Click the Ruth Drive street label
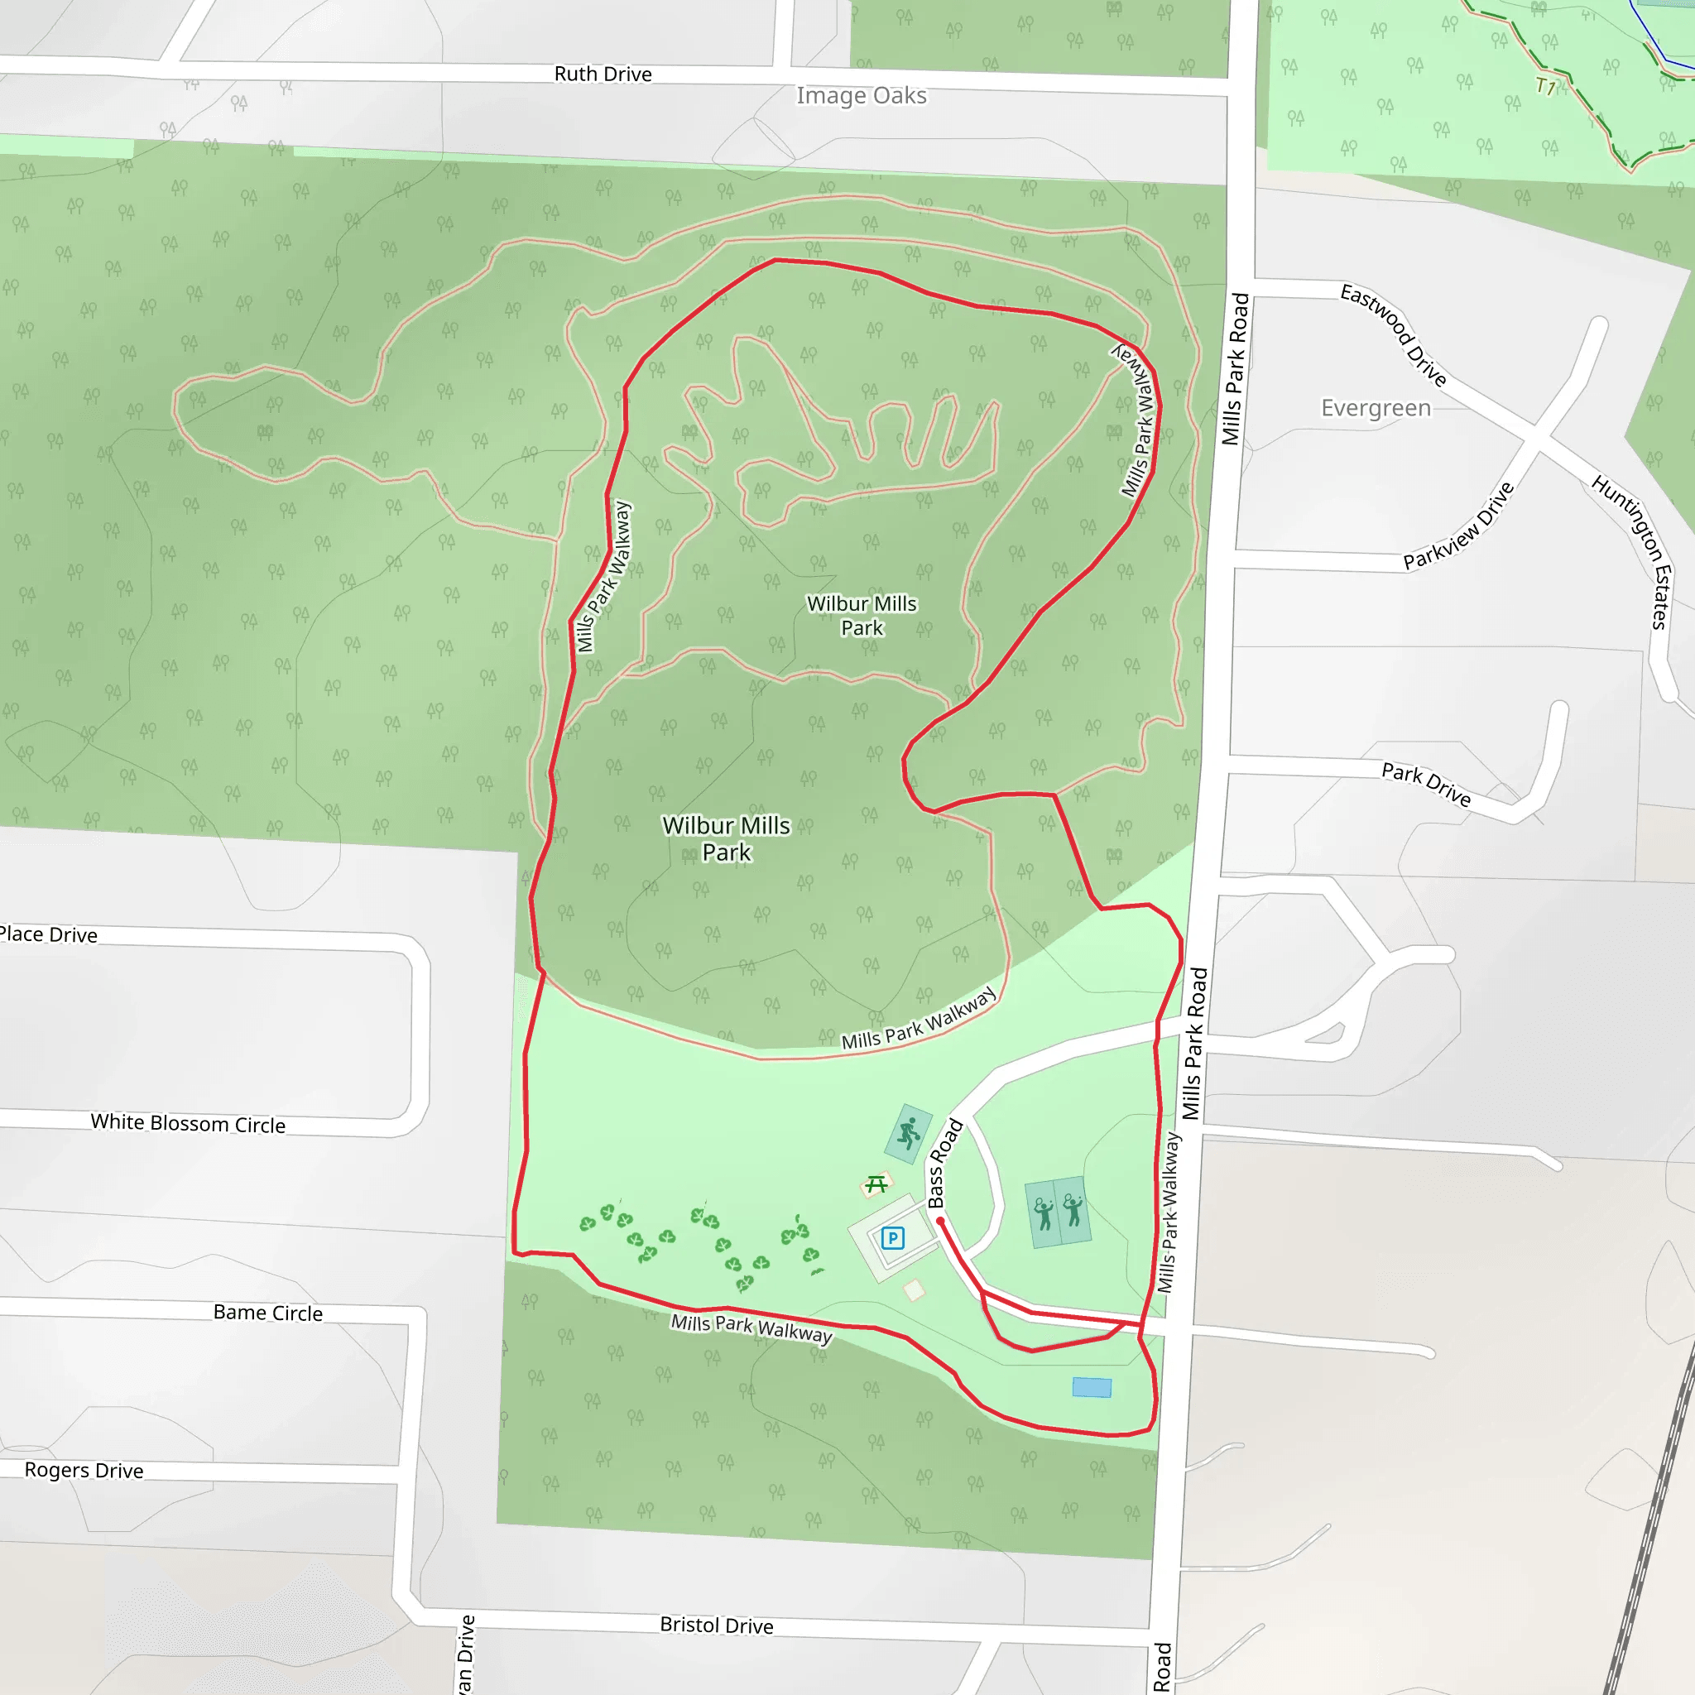coord(603,74)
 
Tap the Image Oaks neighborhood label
coord(861,96)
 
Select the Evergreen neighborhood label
coord(1376,408)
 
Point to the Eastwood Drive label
coord(1393,334)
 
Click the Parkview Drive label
coord(1459,526)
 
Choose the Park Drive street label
coord(1426,784)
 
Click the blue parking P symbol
coord(892,1238)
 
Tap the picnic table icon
coord(876,1185)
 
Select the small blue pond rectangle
coord(1092,1387)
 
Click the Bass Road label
coord(945,1164)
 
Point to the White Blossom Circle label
coord(188,1124)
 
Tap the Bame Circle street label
coord(267,1313)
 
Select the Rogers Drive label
coord(84,1471)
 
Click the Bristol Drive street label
coord(716,1625)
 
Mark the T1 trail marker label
coord(1545,87)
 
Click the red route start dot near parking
coord(940,1222)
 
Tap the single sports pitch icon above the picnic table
coord(909,1133)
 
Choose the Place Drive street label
coord(48,934)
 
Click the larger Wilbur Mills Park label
coord(727,838)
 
